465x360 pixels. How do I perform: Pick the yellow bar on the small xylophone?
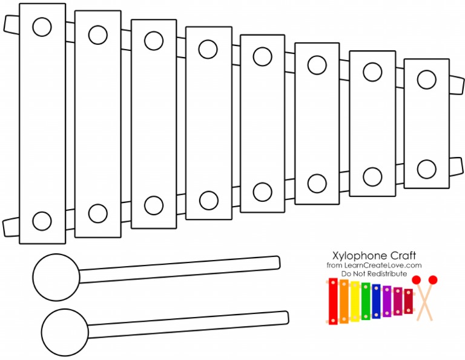point(355,301)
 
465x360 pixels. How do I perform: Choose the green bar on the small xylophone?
point(365,301)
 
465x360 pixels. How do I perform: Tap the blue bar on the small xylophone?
point(376,301)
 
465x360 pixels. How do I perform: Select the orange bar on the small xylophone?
point(344,301)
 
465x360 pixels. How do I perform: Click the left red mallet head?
point(417,280)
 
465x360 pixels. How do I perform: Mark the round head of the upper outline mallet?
point(56,278)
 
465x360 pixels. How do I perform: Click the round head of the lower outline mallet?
point(65,332)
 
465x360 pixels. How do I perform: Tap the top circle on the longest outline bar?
point(42,27)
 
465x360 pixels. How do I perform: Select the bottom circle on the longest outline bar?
point(42,221)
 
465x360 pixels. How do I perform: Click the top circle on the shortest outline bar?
point(426,79)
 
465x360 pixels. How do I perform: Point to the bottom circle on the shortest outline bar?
point(426,169)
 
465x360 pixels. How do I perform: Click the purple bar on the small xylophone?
point(387,301)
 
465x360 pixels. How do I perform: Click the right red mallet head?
point(432,280)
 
